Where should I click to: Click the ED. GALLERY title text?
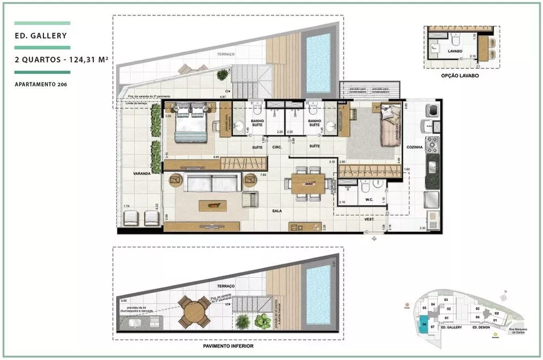tap(41, 36)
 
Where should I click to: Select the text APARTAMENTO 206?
tap(41, 84)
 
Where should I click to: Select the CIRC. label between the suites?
tap(276, 147)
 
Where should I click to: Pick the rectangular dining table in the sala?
tap(308, 184)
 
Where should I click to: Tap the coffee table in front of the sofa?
tap(212, 206)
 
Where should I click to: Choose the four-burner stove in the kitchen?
tap(433, 144)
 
